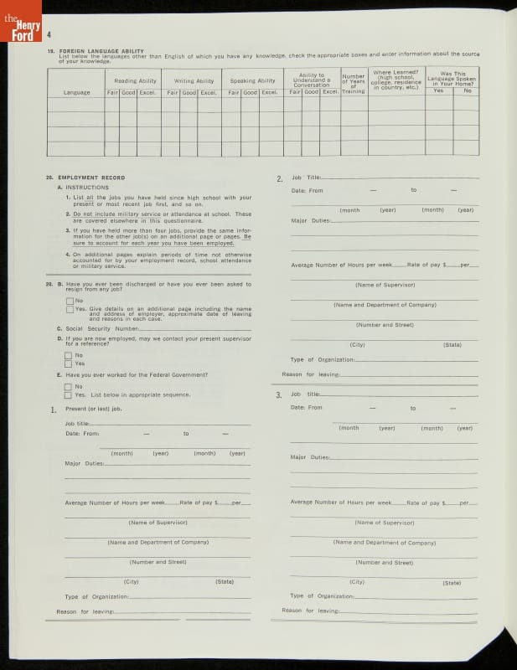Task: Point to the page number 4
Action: (x=50, y=34)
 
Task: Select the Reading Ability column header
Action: (x=135, y=81)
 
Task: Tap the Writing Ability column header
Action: (x=194, y=81)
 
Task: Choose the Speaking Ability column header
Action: (x=253, y=81)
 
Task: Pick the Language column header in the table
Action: (x=77, y=92)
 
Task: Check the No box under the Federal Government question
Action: (x=69, y=386)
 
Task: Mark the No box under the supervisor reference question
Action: (x=69, y=355)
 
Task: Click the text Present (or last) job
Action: (x=94, y=409)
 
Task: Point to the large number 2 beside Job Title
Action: (x=279, y=179)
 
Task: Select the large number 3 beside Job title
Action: (x=279, y=394)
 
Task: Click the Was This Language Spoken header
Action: (x=452, y=77)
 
